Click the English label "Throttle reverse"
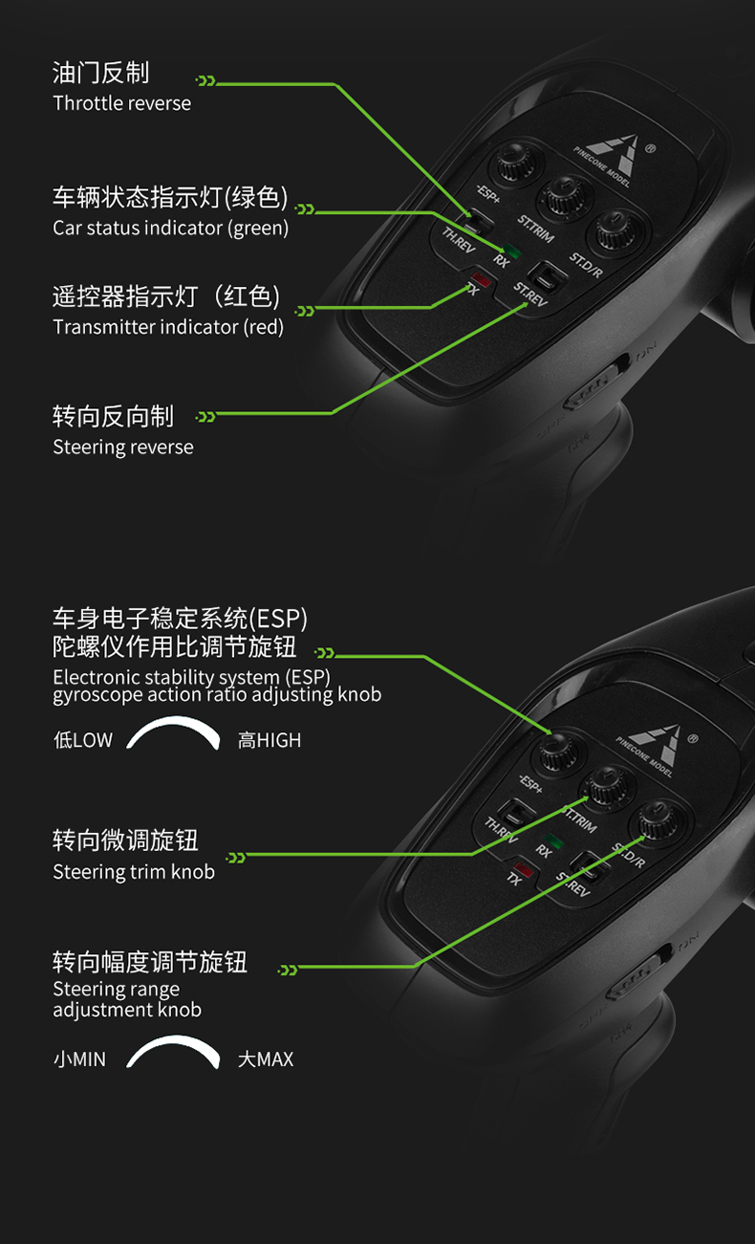[121, 103]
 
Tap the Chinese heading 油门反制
[101, 73]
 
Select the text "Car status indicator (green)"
[170, 229]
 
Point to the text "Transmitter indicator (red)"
[168, 327]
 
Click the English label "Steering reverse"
[123, 447]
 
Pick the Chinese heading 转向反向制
[113, 417]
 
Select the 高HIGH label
[270, 740]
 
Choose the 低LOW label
[83, 740]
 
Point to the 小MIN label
[79, 1059]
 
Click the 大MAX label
[266, 1059]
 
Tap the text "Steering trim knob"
[134, 872]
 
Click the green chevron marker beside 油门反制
[205, 81]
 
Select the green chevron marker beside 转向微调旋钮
[236, 858]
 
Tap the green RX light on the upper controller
[512, 251]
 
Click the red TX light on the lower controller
[524, 869]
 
